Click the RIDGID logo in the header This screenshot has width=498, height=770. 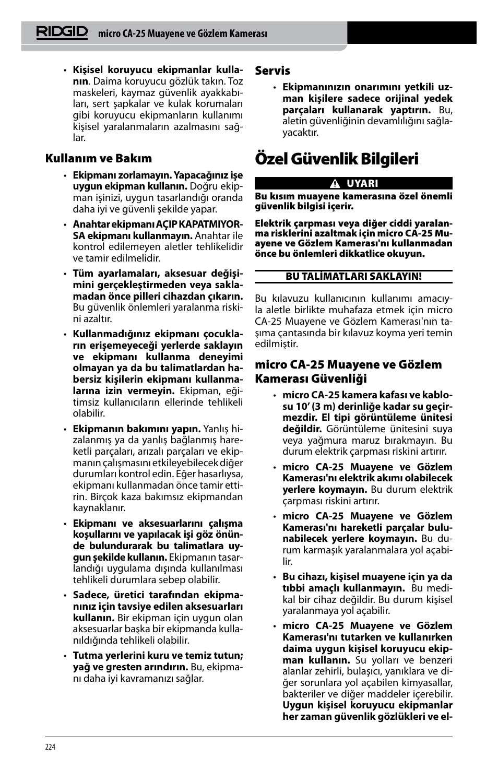62,32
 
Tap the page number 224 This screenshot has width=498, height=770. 50,747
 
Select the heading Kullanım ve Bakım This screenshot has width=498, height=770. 98,158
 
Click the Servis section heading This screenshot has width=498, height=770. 272,70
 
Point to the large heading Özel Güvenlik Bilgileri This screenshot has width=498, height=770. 337,159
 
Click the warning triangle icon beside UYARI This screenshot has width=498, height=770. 335,184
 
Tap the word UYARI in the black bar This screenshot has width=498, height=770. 362,184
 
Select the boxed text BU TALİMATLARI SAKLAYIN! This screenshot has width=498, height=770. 353,277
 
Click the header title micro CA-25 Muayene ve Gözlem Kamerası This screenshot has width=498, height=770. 183,33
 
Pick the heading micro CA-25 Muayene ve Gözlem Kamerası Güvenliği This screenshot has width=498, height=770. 348,371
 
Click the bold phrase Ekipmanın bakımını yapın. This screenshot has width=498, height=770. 136,429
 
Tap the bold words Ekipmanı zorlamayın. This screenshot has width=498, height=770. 122,175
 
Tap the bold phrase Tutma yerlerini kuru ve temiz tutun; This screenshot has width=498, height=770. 158,655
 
